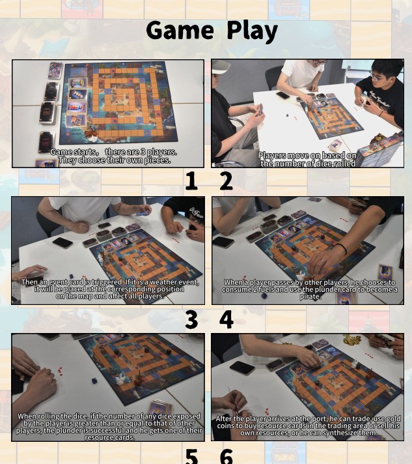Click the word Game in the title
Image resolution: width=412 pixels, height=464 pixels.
pyautogui.click(x=179, y=31)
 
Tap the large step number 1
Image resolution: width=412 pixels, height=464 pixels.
pyautogui.click(x=191, y=181)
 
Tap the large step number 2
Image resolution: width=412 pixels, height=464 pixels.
pyautogui.click(x=225, y=181)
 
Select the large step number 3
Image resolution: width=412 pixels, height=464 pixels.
pyautogui.click(x=191, y=319)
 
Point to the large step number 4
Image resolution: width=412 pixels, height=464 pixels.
pyautogui.click(x=226, y=319)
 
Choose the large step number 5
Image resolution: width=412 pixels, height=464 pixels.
pyautogui.click(x=191, y=455)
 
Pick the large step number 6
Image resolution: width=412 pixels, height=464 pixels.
pyautogui.click(x=226, y=455)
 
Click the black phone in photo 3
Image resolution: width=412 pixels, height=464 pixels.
pyautogui.click(x=62, y=242)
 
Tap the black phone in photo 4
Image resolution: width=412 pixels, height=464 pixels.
pyautogui.click(x=223, y=242)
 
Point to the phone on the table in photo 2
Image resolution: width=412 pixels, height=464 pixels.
pyautogui.click(x=282, y=95)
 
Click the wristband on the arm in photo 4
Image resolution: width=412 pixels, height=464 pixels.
pyautogui.click(x=340, y=250)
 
